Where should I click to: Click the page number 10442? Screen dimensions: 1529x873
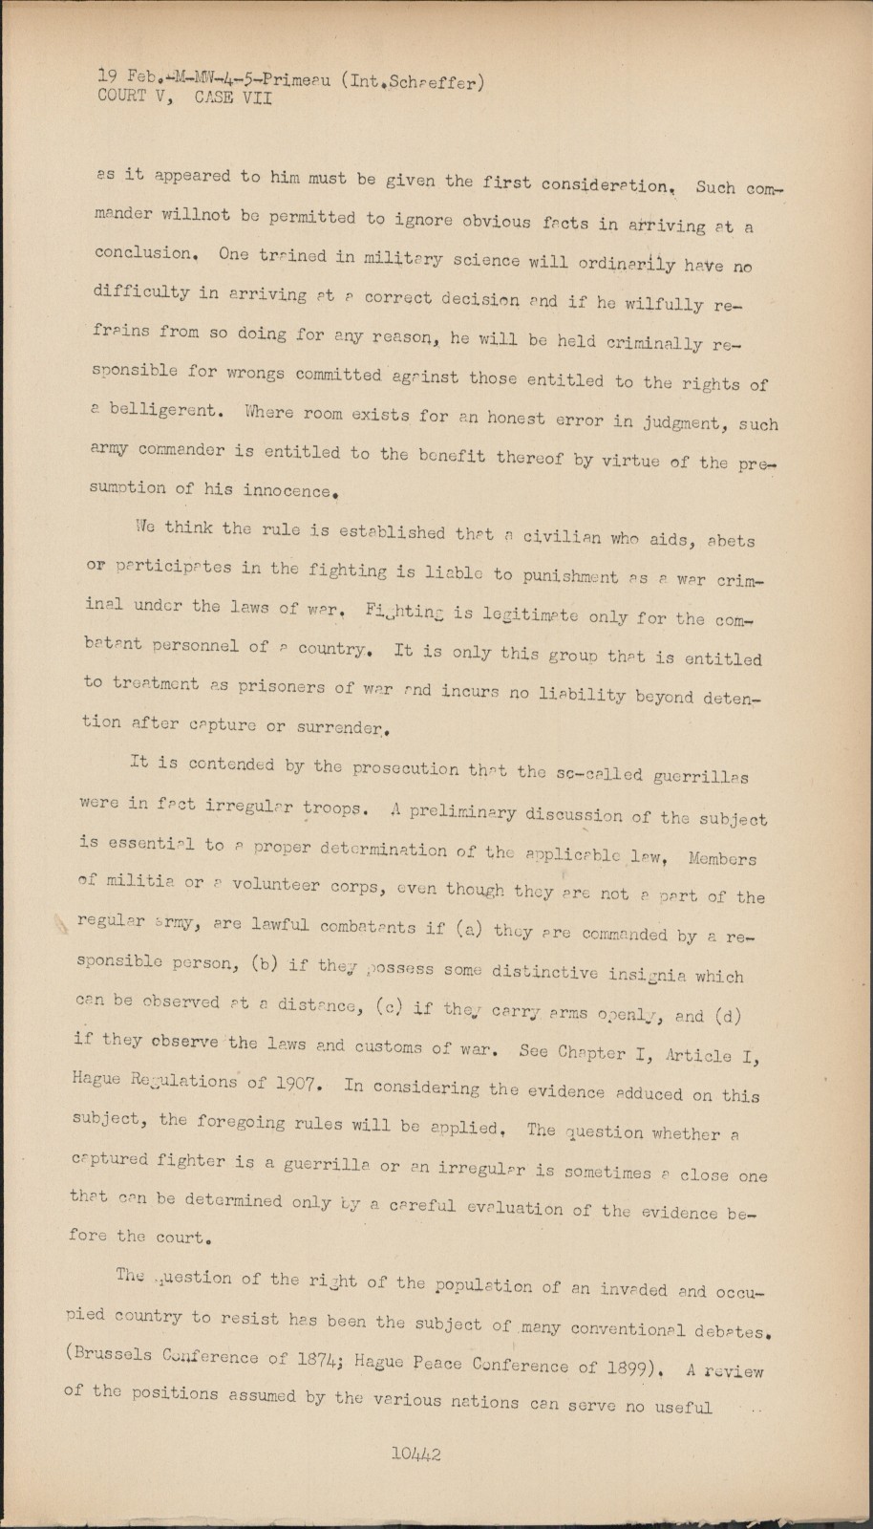tap(415, 1455)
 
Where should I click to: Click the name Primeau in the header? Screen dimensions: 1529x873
tap(294, 81)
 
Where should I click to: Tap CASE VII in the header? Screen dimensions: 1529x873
tap(233, 97)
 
